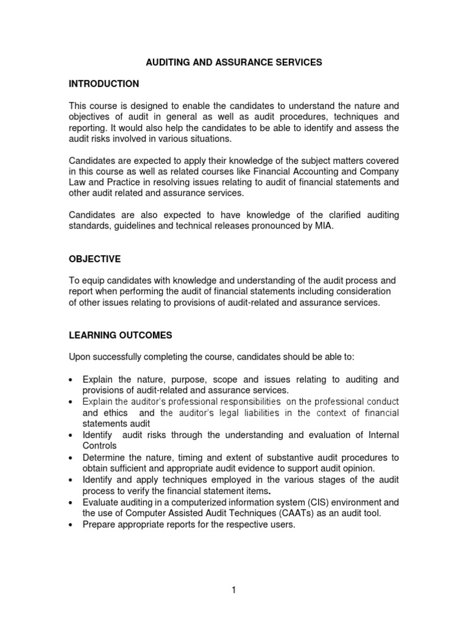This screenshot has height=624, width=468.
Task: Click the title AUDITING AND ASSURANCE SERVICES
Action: [x=233, y=62]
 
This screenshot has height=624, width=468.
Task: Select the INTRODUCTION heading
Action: [x=104, y=83]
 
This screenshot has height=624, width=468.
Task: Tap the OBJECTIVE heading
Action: [x=94, y=259]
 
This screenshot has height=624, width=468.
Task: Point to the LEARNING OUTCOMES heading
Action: [x=120, y=335]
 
